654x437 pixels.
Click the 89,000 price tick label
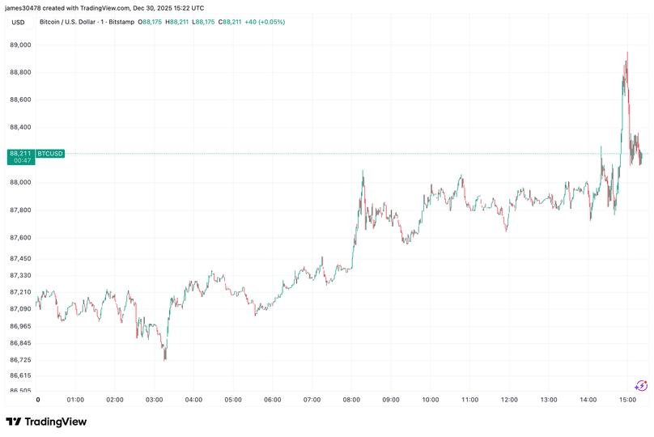point(21,45)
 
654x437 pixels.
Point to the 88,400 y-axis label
point(21,127)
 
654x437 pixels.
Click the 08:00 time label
point(351,400)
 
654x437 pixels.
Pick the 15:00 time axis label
point(628,400)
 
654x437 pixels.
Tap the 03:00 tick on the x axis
point(154,400)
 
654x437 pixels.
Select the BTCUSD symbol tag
point(50,153)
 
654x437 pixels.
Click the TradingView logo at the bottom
point(46,422)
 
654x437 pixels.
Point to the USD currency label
point(17,22)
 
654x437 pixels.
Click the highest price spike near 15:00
point(626,53)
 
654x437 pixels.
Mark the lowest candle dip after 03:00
point(165,358)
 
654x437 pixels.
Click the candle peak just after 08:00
point(363,172)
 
